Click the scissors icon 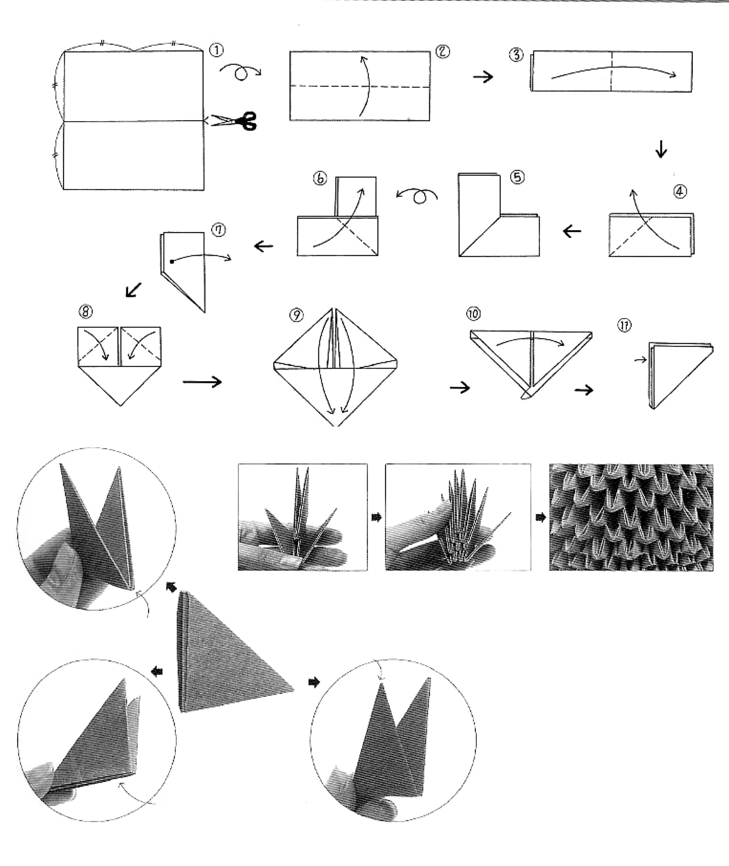[234, 121]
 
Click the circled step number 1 [217, 51]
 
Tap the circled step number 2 [443, 52]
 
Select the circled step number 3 [516, 55]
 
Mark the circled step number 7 [219, 230]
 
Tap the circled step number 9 [296, 315]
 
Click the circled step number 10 [474, 314]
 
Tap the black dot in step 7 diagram [172, 261]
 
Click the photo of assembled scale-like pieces [631, 517]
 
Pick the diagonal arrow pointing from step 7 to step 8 [134, 290]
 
